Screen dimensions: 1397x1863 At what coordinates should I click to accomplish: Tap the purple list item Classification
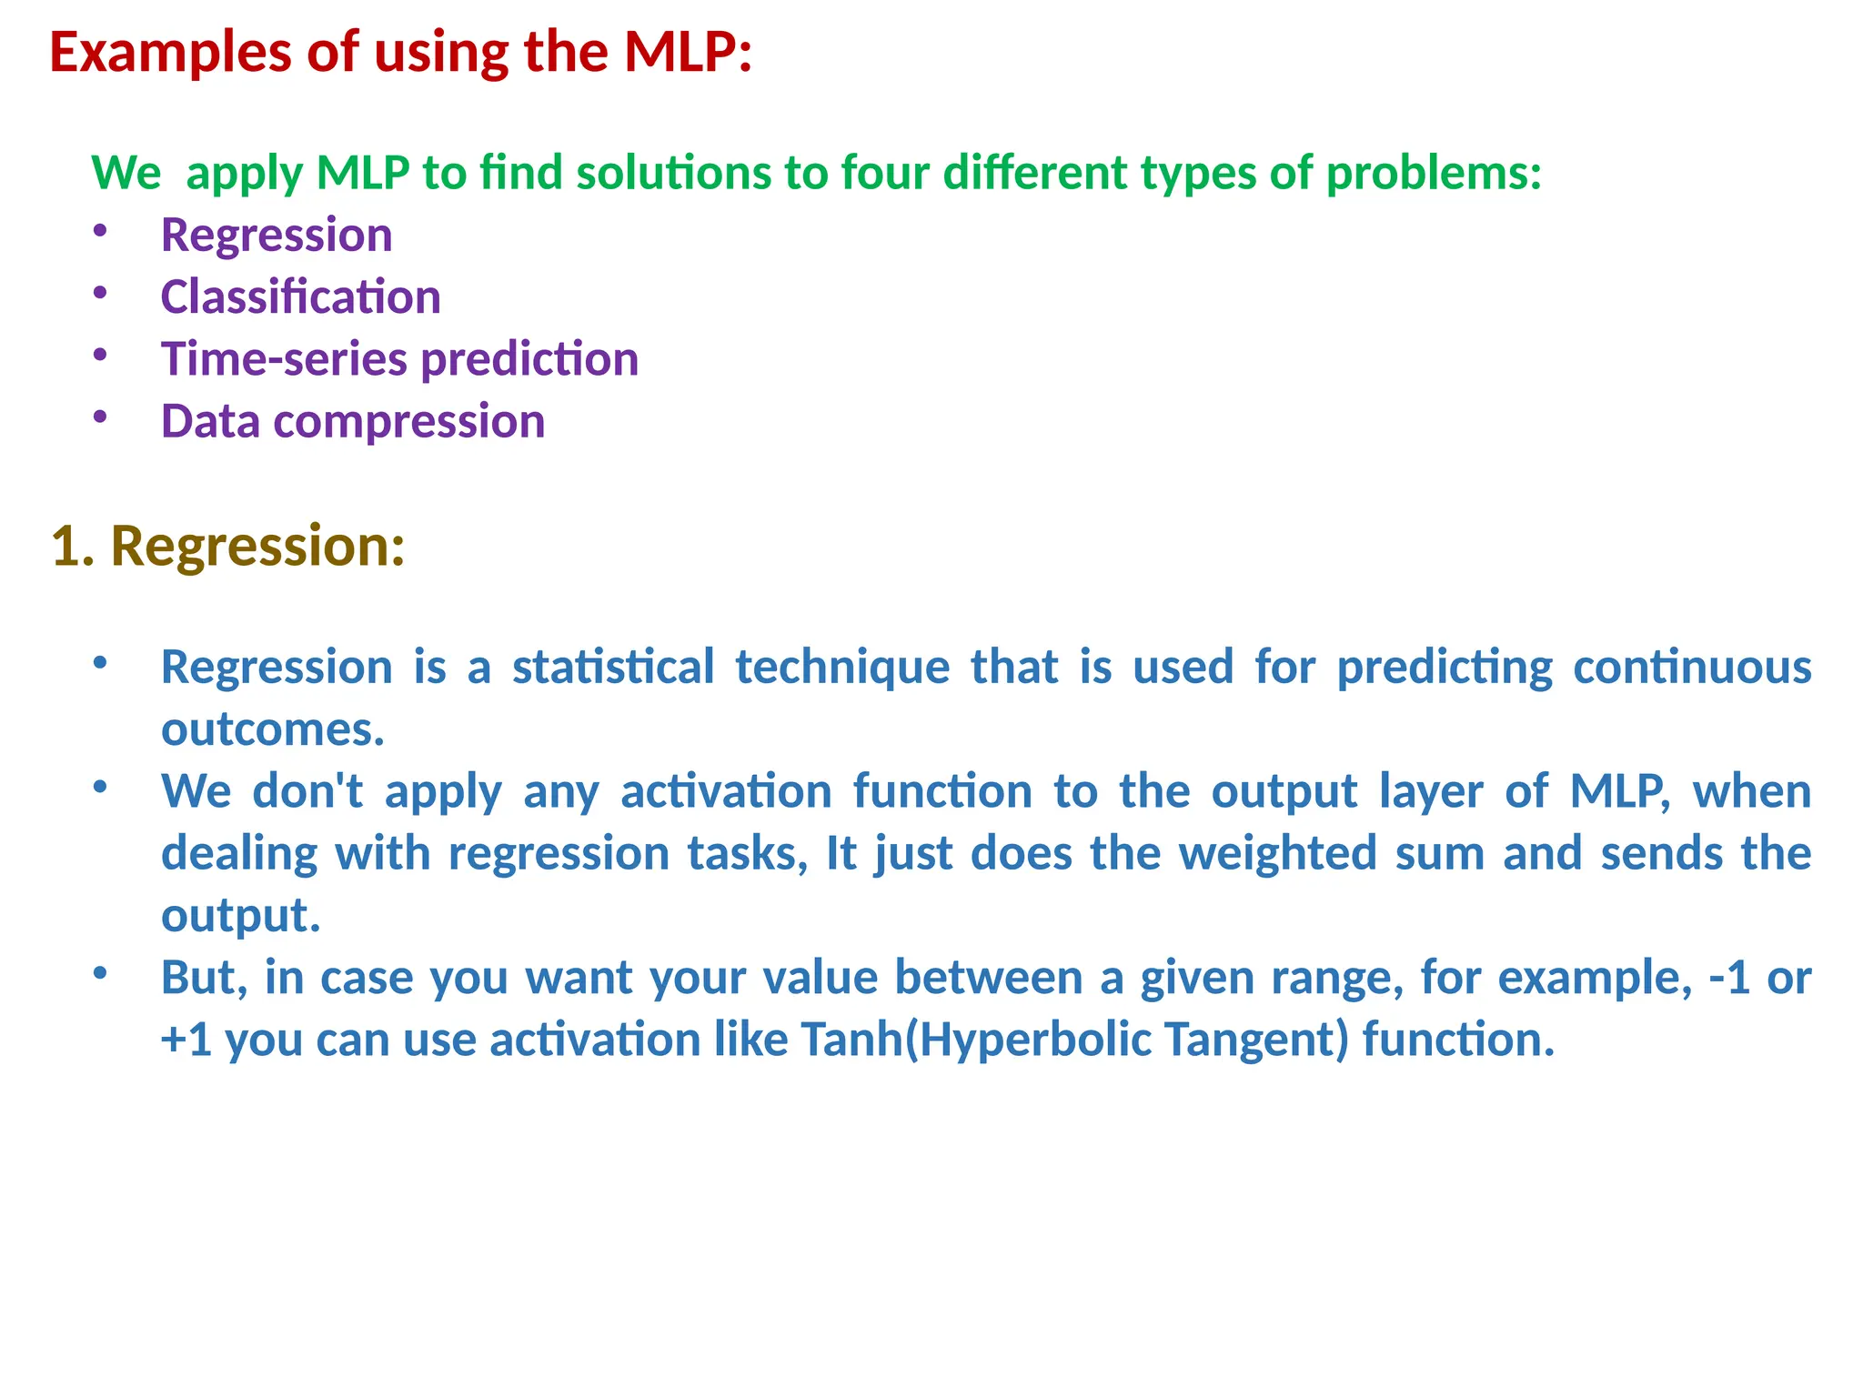(x=300, y=297)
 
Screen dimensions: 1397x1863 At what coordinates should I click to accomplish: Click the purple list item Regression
(x=277, y=236)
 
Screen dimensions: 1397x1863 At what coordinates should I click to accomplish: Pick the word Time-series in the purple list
(x=284, y=359)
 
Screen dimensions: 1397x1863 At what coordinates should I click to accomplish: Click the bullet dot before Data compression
(x=100, y=417)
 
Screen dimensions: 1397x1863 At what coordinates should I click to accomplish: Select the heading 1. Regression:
(x=227, y=547)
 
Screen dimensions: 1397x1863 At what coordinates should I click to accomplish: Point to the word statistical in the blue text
(x=613, y=667)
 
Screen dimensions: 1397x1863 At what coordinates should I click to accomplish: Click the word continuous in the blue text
(x=1692, y=667)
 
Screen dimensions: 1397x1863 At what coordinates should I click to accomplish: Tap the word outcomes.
(x=272, y=729)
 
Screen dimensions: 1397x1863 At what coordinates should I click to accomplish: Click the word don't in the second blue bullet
(x=307, y=791)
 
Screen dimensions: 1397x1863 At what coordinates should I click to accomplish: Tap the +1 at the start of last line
(x=186, y=1040)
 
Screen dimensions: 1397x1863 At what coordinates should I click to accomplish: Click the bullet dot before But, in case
(x=100, y=973)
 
